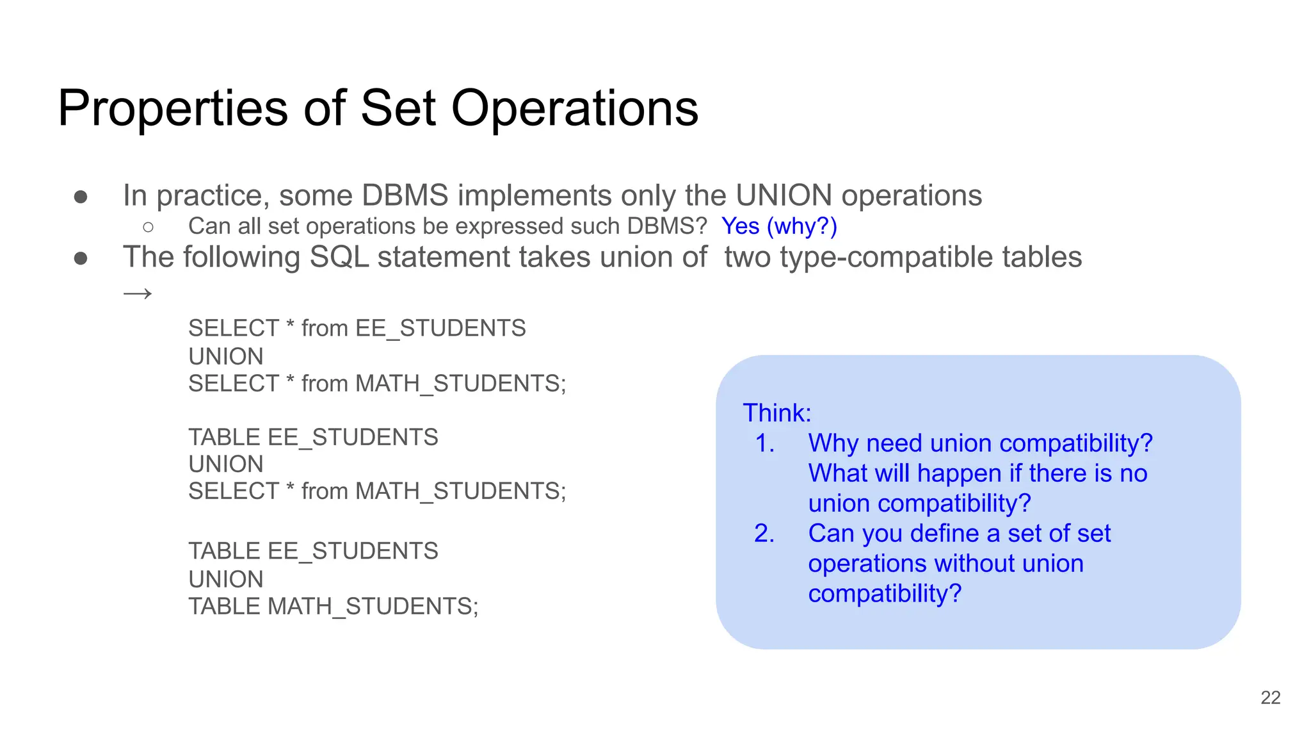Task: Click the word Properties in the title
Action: pyautogui.click(x=173, y=109)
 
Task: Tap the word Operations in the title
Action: pyautogui.click(x=574, y=109)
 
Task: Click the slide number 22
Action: pyautogui.click(x=1270, y=698)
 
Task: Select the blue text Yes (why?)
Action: pyautogui.click(x=779, y=226)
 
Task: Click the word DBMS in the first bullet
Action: pyautogui.click(x=405, y=195)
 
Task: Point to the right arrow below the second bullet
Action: pyautogui.click(x=138, y=294)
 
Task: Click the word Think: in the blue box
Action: pyautogui.click(x=777, y=413)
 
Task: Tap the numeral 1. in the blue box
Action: pyautogui.click(x=765, y=443)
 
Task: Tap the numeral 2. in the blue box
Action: pyautogui.click(x=764, y=534)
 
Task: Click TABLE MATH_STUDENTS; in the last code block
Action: pyautogui.click(x=333, y=606)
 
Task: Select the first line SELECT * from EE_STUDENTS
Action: pyautogui.click(x=357, y=328)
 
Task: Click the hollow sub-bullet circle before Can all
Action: pyautogui.click(x=149, y=227)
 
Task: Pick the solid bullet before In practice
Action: pyautogui.click(x=81, y=196)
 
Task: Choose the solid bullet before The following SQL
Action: pyautogui.click(x=81, y=258)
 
